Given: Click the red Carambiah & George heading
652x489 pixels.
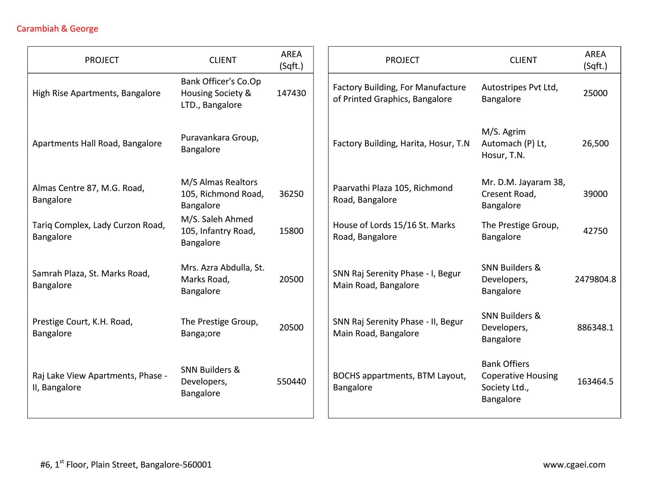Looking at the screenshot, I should point(57,29).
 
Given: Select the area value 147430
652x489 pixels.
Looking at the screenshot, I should point(291,93).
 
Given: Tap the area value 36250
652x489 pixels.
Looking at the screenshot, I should point(291,194).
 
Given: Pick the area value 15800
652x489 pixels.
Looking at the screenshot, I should point(291,231).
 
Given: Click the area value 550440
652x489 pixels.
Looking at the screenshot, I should point(291,382).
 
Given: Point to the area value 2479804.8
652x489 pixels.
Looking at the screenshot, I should point(595,279).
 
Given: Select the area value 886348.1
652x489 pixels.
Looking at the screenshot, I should point(595,328).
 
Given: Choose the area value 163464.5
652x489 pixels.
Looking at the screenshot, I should point(595,382).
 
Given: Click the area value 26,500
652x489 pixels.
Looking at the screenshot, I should point(595,143).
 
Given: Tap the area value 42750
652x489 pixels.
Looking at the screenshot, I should point(595,231).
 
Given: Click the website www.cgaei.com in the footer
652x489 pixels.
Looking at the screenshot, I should point(574,465).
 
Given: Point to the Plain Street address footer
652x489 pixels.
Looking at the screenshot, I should point(126,465).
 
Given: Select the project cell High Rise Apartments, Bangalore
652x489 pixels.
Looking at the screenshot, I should point(96,93).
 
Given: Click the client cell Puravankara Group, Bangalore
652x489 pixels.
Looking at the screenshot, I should point(220,143).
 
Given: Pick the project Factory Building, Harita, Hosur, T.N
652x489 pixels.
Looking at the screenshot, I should point(401,143).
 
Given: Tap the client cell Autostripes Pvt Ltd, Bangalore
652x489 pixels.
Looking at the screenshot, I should point(520,93).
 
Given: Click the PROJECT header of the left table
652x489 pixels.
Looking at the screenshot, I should point(102,60).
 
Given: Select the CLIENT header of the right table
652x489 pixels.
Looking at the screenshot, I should point(523,60).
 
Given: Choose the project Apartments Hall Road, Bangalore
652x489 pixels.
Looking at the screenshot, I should point(97,143).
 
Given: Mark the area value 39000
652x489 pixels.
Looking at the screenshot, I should point(595,194).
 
